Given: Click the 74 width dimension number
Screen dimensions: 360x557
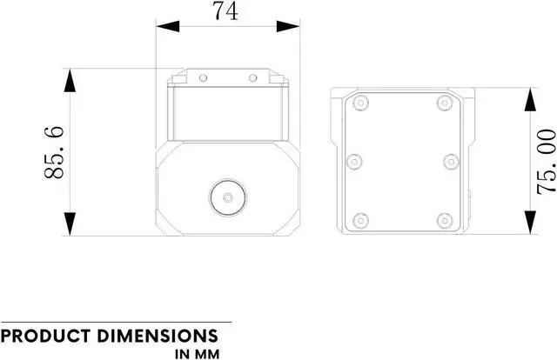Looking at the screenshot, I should (x=225, y=12).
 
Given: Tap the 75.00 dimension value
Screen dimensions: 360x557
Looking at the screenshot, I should (x=545, y=161).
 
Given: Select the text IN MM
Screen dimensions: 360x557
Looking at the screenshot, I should (x=197, y=354).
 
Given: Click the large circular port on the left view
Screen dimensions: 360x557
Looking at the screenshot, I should (x=228, y=197).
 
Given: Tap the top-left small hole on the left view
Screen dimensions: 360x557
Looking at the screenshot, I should (x=203, y=78).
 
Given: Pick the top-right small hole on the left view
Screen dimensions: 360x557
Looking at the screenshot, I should (x=252, y=78).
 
